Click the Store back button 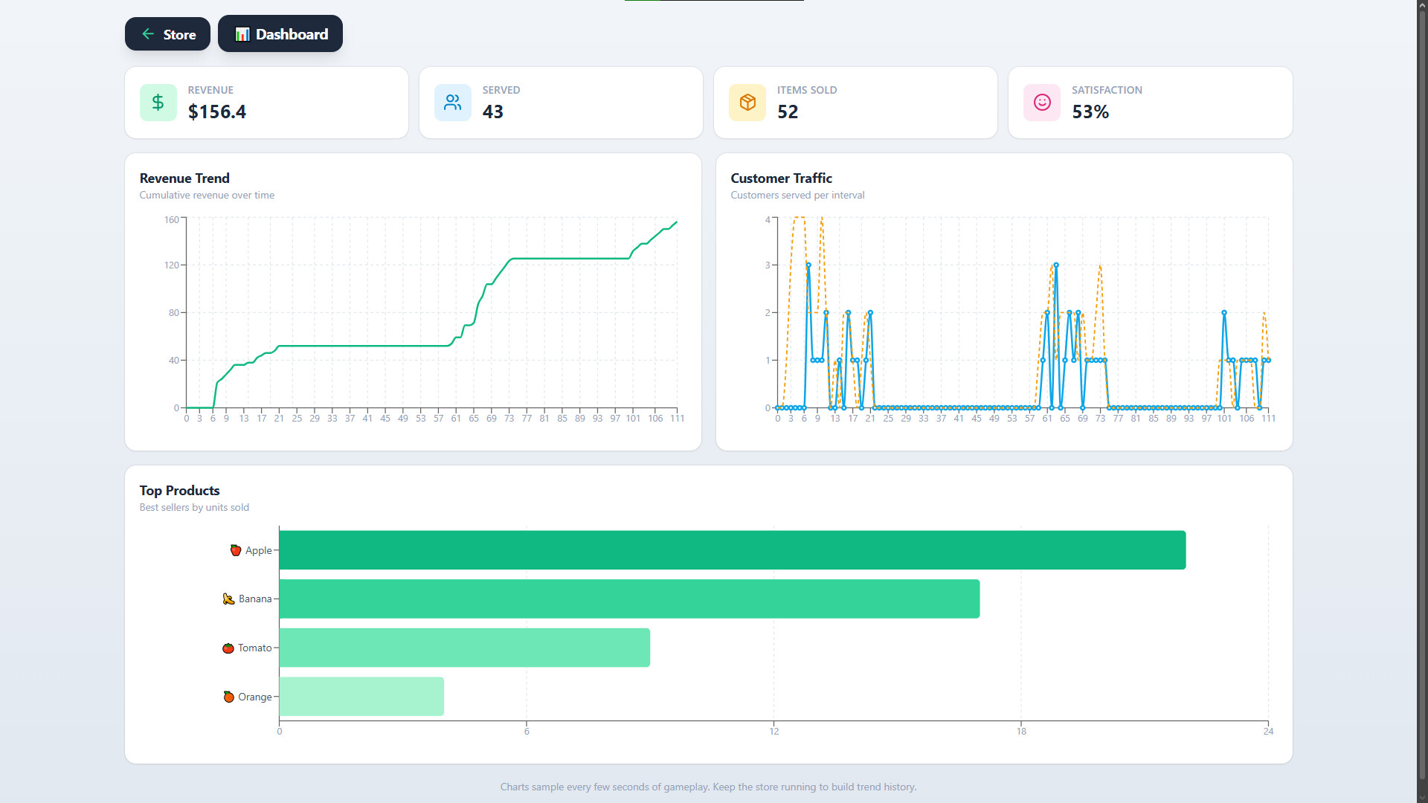167,34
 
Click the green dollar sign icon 158,103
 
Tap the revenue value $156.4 217,112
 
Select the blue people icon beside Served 452,103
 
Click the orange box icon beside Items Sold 747,103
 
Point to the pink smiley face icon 1042,103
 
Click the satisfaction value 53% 1090,112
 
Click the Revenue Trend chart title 184,178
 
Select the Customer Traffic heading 781,178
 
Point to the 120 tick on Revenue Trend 172,265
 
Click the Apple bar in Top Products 733,550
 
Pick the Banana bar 629,599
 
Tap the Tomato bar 465,648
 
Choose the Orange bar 361,697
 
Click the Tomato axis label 254,648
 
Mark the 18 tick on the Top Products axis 1021,732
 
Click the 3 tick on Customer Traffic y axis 768,265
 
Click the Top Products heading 179,491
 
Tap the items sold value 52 788,112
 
